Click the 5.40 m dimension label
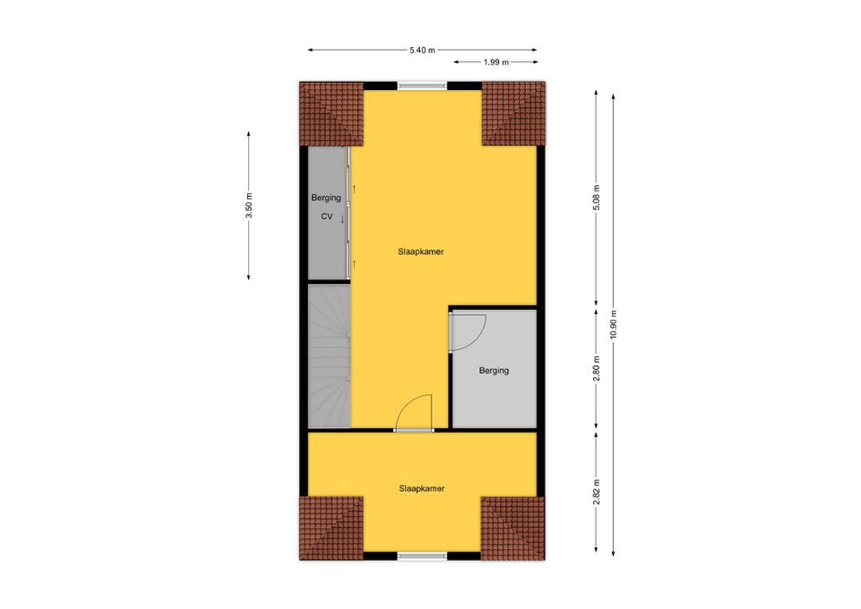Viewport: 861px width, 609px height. pos(422,50)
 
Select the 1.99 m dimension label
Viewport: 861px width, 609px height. pos(496,62)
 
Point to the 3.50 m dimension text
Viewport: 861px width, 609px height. pos(249,206)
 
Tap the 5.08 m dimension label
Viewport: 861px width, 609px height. pos(596,198)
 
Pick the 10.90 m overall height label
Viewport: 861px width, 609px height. pos(613,324)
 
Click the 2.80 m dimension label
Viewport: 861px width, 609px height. pos(596,368)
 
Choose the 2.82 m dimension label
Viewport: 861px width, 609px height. pos(596,492)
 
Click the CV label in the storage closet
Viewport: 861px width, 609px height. pos(327,216)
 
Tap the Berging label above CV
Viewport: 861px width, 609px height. pos(326,198)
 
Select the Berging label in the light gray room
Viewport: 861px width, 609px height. pos(493,371)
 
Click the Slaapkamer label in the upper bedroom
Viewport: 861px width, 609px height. pos(421,252)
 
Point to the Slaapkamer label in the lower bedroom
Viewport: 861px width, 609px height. pos(422,488)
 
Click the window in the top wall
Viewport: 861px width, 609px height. pos(423,85)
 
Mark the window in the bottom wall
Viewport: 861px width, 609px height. pos(423,556)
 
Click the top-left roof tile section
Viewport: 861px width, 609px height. pos(331,114)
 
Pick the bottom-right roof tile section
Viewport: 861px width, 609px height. pos(513,528)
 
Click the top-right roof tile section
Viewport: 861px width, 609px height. pos(514,114)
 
